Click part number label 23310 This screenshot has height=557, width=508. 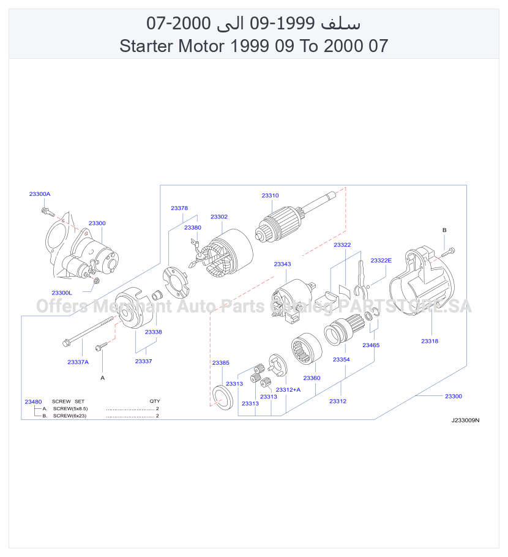point(270,195)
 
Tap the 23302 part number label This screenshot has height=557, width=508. point(219,217)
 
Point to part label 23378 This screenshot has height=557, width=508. point(179,208)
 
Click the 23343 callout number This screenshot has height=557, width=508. point(282,264)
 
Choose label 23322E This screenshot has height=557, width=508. point(381,260)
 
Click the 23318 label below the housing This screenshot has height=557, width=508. point(430,341)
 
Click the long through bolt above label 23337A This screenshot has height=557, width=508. point(88,331)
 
